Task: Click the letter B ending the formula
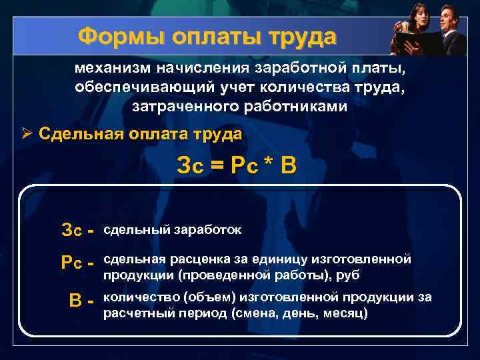[x=287, y=165]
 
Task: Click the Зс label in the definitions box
[x=72, y=231]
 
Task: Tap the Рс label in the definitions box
[x=72, y=263]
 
